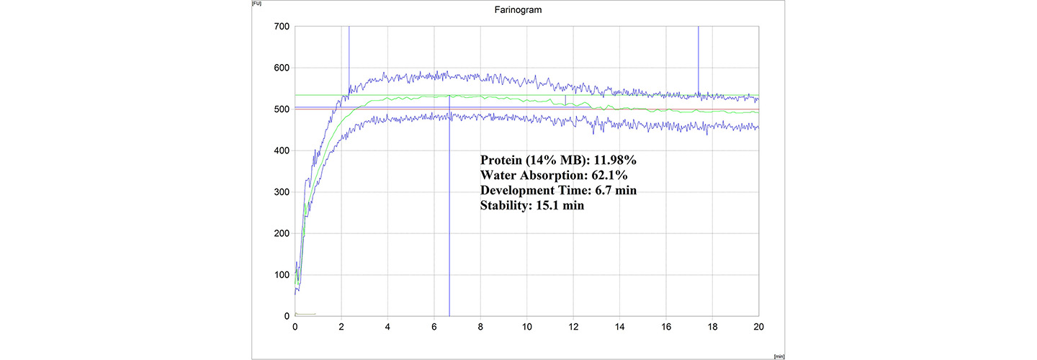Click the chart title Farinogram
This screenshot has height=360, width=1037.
tap(518, 10)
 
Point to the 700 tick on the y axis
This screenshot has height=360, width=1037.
tap(281, 27)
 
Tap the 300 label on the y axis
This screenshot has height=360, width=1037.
tap(281, 192)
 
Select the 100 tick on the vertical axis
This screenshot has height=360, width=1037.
tap(281, 275)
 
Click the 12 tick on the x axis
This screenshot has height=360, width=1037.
tap(574, 326)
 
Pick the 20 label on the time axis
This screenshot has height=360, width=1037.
tap(759, 326)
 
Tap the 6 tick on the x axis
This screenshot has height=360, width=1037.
tap(434, 326)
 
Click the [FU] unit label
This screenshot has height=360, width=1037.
tap(256, 4)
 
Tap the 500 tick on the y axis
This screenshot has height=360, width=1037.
tap(281, 109)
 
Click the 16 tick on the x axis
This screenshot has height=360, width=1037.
tap(666, 326)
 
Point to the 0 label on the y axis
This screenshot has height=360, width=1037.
tap(286, 316)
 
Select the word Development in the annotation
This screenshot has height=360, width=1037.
tap(516, 191)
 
